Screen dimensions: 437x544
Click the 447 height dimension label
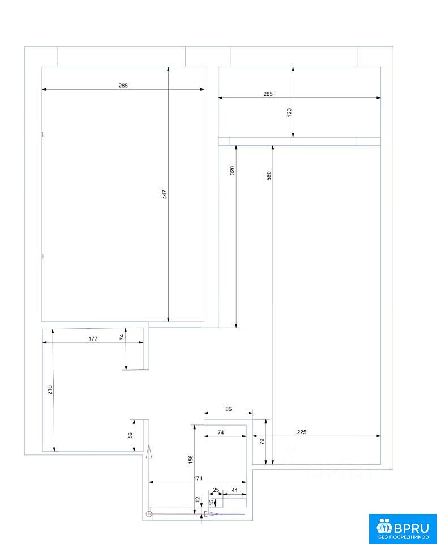pyautogui.click(x=165, y=194)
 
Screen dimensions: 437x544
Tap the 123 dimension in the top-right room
pyautogui.click(x=289, y=112)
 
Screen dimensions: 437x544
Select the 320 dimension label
pyautogui.click(x=233, y=171)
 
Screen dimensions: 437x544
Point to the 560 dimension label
pyautogui.click(x=269, y=176)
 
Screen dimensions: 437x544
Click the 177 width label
pyautogui.click(x=93, y=338)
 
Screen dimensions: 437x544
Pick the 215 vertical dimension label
pyautogui.click(x=50, y=390)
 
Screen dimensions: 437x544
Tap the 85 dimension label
pyautogui.click(x=228, y=409)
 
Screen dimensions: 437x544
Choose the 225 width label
pyautogui.click(x=302, y=432)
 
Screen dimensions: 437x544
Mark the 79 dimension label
pyautogui.click(x=262, y=441)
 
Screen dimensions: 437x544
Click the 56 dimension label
pyautogui.click(x=130, y=435)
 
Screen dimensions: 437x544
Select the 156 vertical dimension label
pyautogui.click(x=191, y=460)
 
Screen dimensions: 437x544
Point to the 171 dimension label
pyautogui.click(x=198, y=478)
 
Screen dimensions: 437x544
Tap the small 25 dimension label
pyautogui.click(x=216, y=490)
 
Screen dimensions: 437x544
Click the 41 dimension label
pyautogui.click(x=234, y=490)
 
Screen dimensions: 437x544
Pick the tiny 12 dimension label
pyautogui.click(x=198, y=500)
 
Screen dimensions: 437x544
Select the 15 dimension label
pyautogui.click(x=211, y=501)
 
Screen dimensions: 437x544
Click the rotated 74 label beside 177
pyautogui.click(x=122, y=337)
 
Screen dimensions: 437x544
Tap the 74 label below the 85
pyautogui.click(x=221, y=432)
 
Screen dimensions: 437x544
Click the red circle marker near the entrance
pyautogui.click(x=149, y=514)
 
